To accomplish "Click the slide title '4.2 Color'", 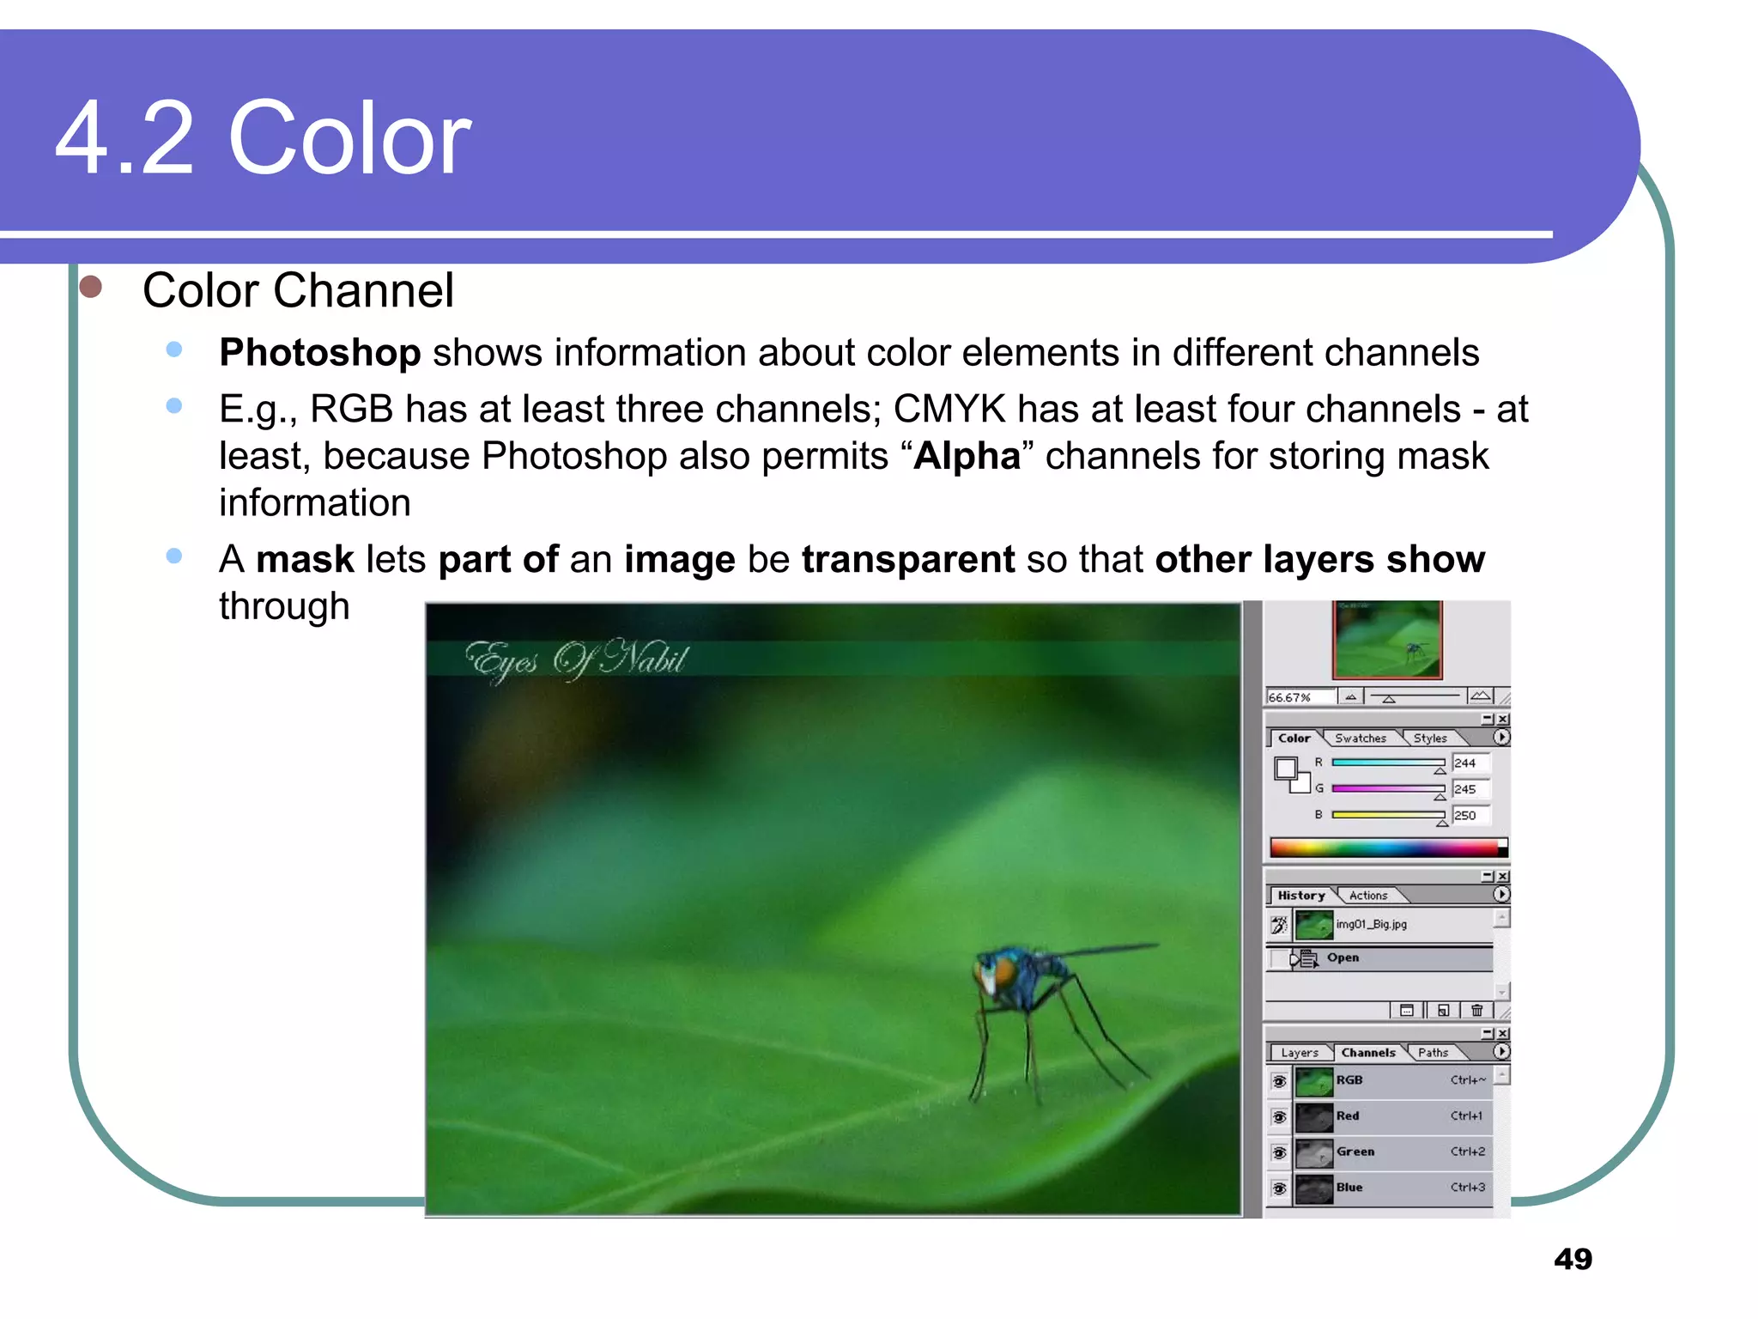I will click(x=263, y=138).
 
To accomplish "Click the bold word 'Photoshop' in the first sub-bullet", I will click(x=319, y=353).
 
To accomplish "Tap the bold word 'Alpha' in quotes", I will click(x=967, y=456).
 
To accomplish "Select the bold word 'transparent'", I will click(x=907, y=560).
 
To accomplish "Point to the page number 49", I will click(x=1573, y=1259).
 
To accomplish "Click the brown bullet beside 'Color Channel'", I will click(x=90, y=287).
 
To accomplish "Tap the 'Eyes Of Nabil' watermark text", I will click(x=576, y=659).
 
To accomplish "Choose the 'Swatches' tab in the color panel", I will click(x=1360, y=739).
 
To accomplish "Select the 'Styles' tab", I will click(x=1430, y=739).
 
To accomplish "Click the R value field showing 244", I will click(x=1470, y=763).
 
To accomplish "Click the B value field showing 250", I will click(x=1470, y=816).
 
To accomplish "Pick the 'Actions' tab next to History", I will click(x=1367, y=896).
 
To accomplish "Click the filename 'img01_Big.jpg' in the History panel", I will click(x=1371, y=925).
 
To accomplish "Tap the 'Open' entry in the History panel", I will click(x=1343, y=957).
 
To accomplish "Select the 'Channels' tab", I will click(x=1367, y=1053).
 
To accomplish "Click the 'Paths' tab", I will click(x=1433, y=1053).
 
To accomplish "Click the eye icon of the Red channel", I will click(x=1279, y=1117).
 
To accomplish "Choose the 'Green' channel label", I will click(x=1355, y=1152).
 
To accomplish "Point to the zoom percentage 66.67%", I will click(x=1290, y=697).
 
